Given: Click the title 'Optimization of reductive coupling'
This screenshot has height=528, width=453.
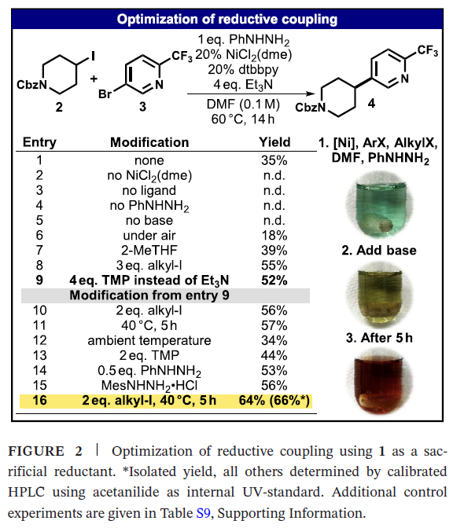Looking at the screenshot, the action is tap(226, 19).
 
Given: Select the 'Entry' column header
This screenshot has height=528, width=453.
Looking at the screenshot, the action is tap(39, 142).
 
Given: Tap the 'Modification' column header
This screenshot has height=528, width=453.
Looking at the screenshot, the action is tap(149, 142).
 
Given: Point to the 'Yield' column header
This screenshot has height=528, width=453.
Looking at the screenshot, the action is tap(274, 142).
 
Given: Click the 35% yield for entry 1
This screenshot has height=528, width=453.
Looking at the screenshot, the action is tap(274, 160).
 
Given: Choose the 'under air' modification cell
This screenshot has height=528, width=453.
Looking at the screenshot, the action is tap(149, 236).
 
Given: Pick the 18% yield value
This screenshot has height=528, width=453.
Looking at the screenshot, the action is tap(274, 236).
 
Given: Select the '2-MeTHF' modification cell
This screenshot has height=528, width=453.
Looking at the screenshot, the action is tap(149, 250).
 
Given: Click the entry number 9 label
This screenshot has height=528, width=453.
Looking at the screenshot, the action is tap(39, 280).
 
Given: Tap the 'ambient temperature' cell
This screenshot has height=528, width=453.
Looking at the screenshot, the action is tap(149, 340).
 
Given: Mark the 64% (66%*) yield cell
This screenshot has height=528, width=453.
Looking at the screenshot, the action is tap(274, 401).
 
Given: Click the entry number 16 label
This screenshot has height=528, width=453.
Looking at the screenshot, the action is tap(39, 401).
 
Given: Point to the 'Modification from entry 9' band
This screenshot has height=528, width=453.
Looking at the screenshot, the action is tap(165, 295).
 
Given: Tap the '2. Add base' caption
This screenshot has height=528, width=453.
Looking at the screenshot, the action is tap(379, 251).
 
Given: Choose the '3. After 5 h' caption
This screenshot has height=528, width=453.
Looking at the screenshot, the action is tap(379, 338).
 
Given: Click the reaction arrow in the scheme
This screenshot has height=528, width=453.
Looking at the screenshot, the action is tap(251, 94).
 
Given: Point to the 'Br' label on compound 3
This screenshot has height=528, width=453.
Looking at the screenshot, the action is tap(105, 94).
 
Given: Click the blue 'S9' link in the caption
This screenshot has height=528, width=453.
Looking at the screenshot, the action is tap(203, 513).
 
